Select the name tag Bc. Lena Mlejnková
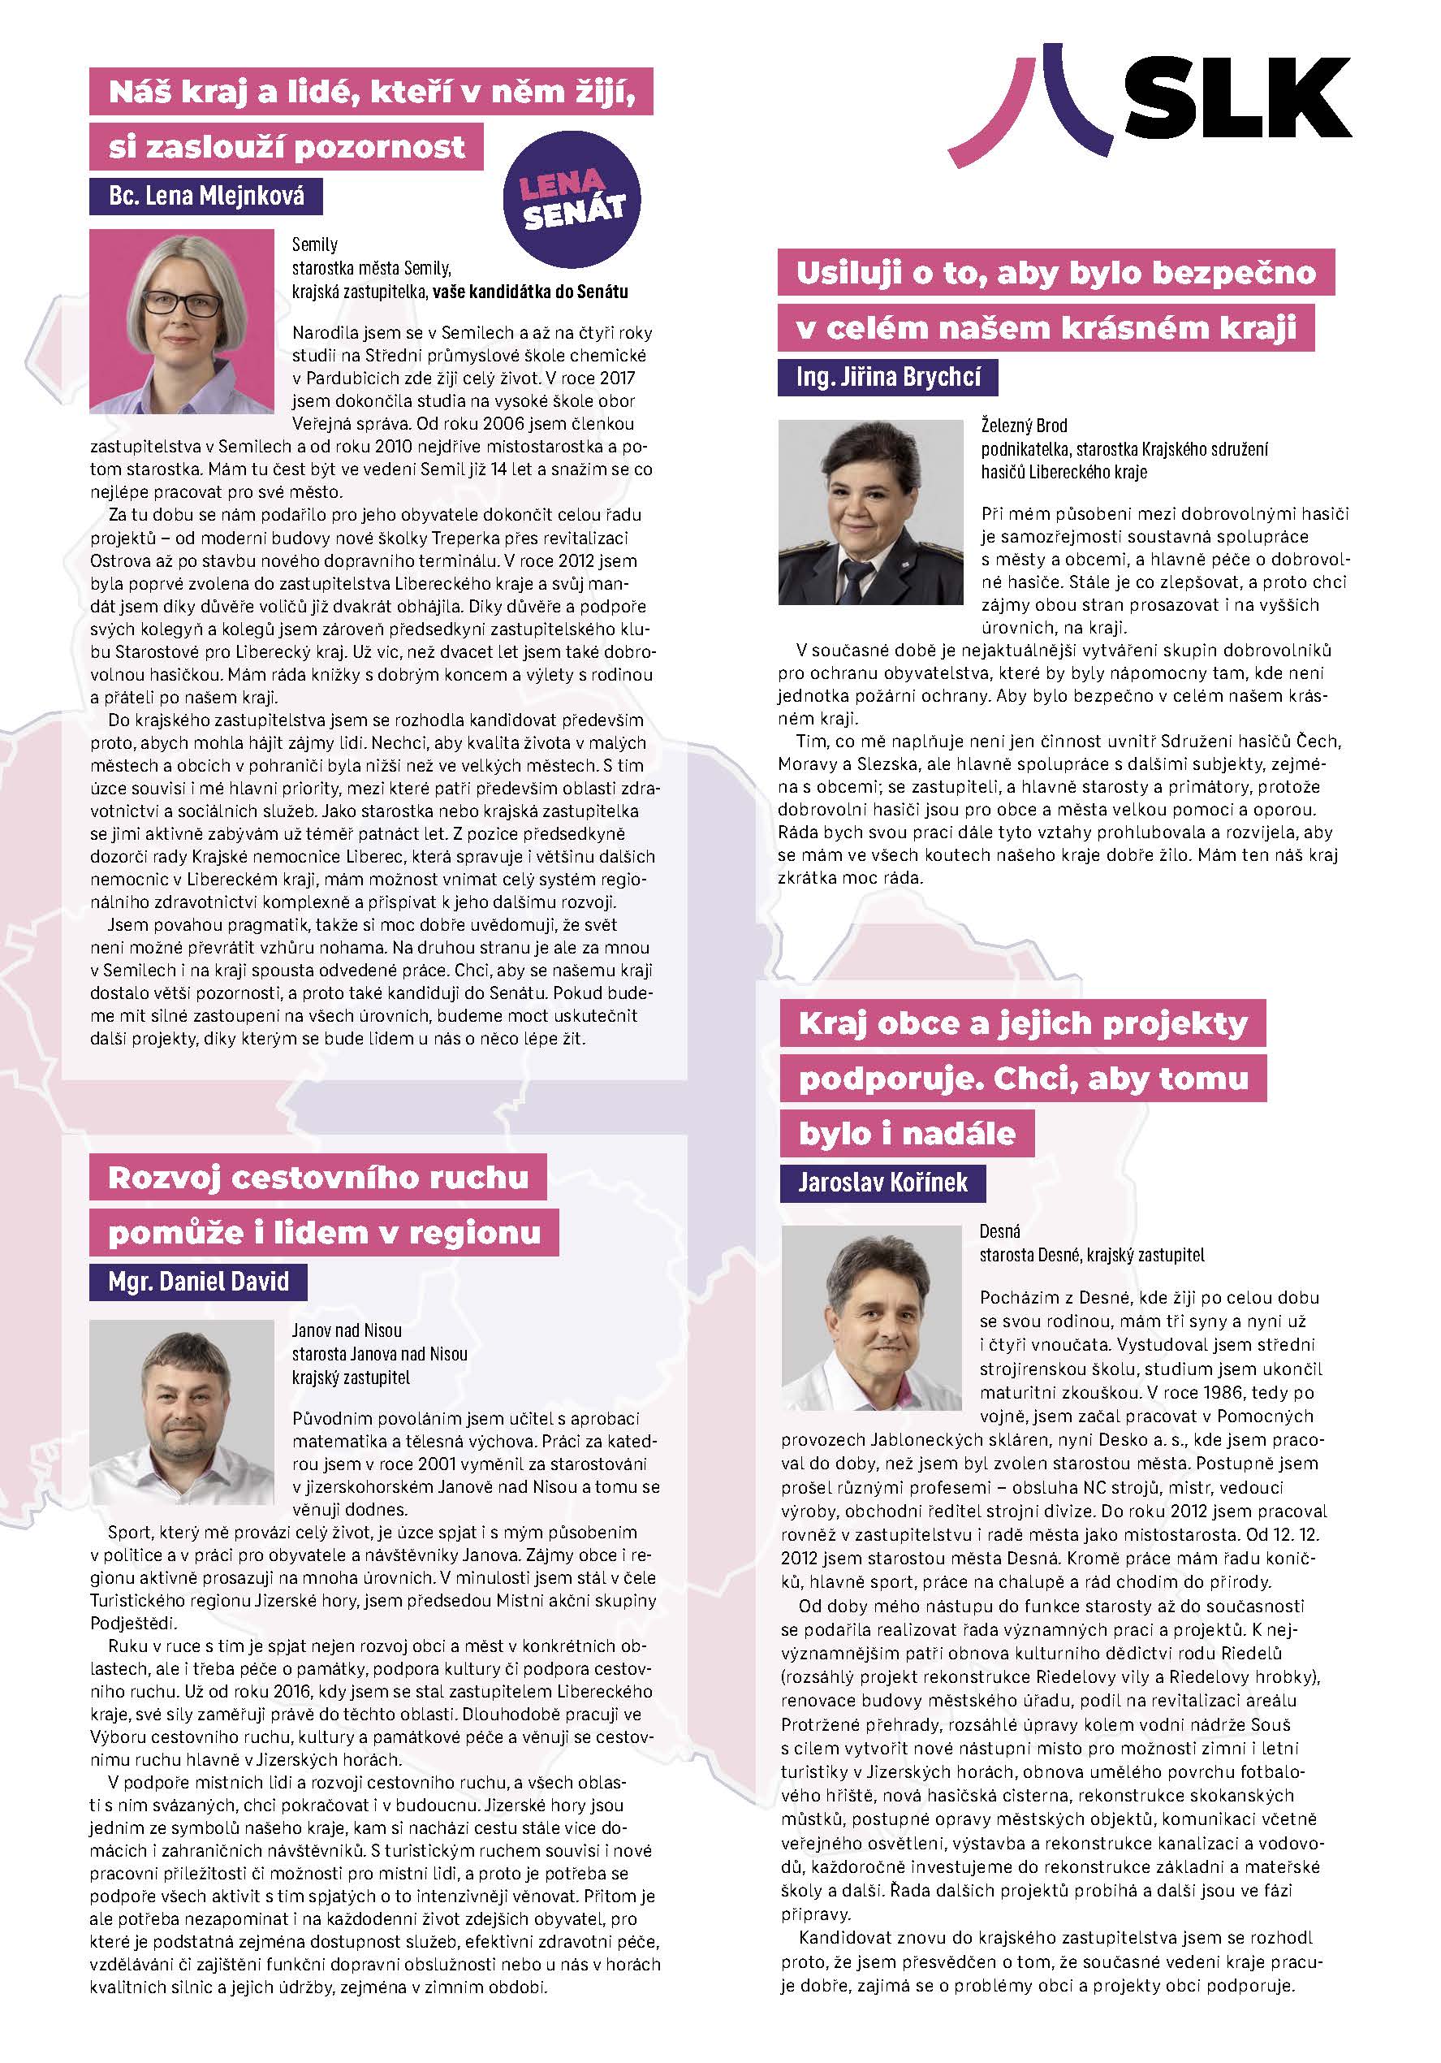(x=205, y=196)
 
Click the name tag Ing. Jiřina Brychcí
(x=887, y=377)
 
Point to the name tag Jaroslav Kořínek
(x=882, y=1182)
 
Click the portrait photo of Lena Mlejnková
(x=182, y=322)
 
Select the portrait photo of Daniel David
(x=182, y=1412)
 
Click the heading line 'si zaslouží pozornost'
(x=287, y=147)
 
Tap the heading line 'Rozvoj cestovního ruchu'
(x=318, y=1177)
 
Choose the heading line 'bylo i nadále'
(x=907, y=1133)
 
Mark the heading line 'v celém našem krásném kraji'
(x=1046, y=328)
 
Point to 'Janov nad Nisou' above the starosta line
(x=346, y=1330)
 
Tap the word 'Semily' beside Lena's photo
(x=314, y=244)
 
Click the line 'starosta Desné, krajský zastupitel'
(x=1092, y=1254)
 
